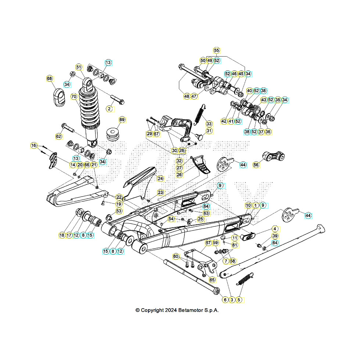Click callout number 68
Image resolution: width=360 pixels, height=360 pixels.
(x=50, y=79)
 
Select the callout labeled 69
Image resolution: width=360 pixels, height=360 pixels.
(x=122, y=120)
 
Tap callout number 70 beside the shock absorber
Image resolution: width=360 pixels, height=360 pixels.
(x=74, y=97)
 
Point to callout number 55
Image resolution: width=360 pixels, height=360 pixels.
(x=216, y=50)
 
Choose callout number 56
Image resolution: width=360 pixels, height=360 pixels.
(x=256, y=165)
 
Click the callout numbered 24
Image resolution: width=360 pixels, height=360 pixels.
(x=160, y=179)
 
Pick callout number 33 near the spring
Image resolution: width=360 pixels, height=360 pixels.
(x=209, y=123)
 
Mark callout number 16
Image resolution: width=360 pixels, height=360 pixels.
(x=34, y=145)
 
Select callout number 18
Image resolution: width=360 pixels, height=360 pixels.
(x=62, y=235)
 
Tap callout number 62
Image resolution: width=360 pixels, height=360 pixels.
(x=59, y=136)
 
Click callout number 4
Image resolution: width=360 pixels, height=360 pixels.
(x=274, y=229)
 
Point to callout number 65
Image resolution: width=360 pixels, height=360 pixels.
(x=212, y=280)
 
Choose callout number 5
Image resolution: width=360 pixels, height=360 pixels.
(x=239, y=300)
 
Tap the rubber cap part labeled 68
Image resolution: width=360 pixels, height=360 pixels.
(x=58, y=97)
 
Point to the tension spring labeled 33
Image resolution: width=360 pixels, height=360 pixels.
(x=199, y=112)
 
